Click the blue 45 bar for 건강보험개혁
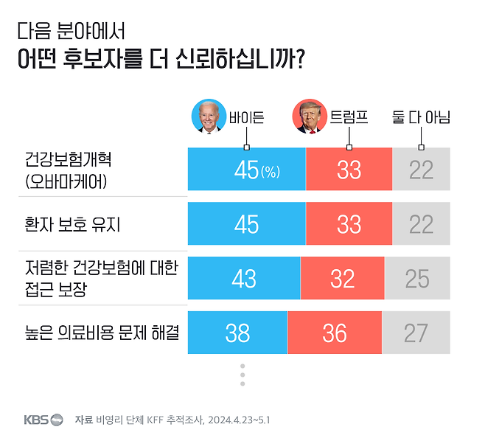click(246, 170)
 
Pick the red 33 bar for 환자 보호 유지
click(349, 224)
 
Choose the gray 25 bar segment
click(417, 278)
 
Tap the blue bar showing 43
click(244, 278)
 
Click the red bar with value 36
click(334, 333)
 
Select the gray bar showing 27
click(416, 333)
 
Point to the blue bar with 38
click(237, 333)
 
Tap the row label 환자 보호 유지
click(72, 224)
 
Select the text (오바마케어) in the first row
click(66, 181)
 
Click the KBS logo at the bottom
click(43, 420)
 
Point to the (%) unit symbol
click(271, 172)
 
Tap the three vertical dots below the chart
click(242, 374)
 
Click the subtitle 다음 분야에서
click(71, 31)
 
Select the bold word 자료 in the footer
click(83, 420)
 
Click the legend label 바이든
click(246, 117)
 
